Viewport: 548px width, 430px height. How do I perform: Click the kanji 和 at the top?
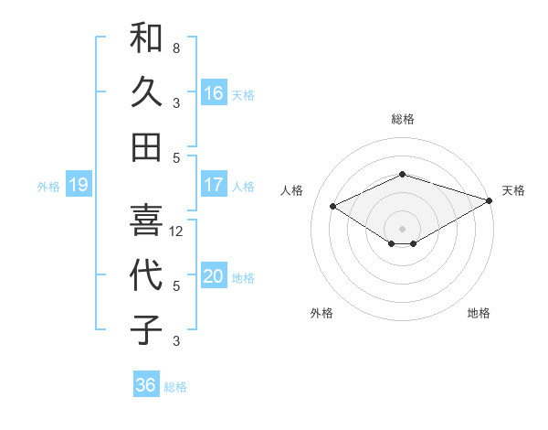click(x=146, y=38)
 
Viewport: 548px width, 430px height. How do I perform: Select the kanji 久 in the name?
click(x=146, y=91)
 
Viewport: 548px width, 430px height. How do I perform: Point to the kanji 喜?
click(x=146, y=219)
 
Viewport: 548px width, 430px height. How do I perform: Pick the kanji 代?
click(x=146, y=274)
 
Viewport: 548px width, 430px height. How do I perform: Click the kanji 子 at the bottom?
click(x=146, y=328)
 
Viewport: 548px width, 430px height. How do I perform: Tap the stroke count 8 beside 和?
click(x=176, y=48)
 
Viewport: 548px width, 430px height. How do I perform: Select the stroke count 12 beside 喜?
click(x=177, y=231)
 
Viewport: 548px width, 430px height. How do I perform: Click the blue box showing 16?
click(x=214, y=92)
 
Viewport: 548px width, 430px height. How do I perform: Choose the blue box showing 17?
click(x=214, y=185)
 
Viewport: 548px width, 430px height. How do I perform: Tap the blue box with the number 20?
click(x=214, y=276)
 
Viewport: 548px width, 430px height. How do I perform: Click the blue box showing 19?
click(x=78, y=186)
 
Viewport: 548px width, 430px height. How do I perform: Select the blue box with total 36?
click(x=146, y=385)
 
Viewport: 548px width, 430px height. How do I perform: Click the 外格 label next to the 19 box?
click(x=48, y=187)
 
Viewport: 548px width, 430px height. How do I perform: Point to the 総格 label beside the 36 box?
click(x=175, y=387)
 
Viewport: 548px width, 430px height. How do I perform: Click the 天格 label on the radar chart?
click(x=513, y=190)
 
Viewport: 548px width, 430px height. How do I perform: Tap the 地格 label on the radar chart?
click(x=479, y=313)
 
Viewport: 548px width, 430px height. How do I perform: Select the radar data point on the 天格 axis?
click(x=490, y=199)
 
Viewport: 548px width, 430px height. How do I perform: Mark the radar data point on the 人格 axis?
click(x=333, y=206)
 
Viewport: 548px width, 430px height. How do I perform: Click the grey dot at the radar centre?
click(x=402, y=227)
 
